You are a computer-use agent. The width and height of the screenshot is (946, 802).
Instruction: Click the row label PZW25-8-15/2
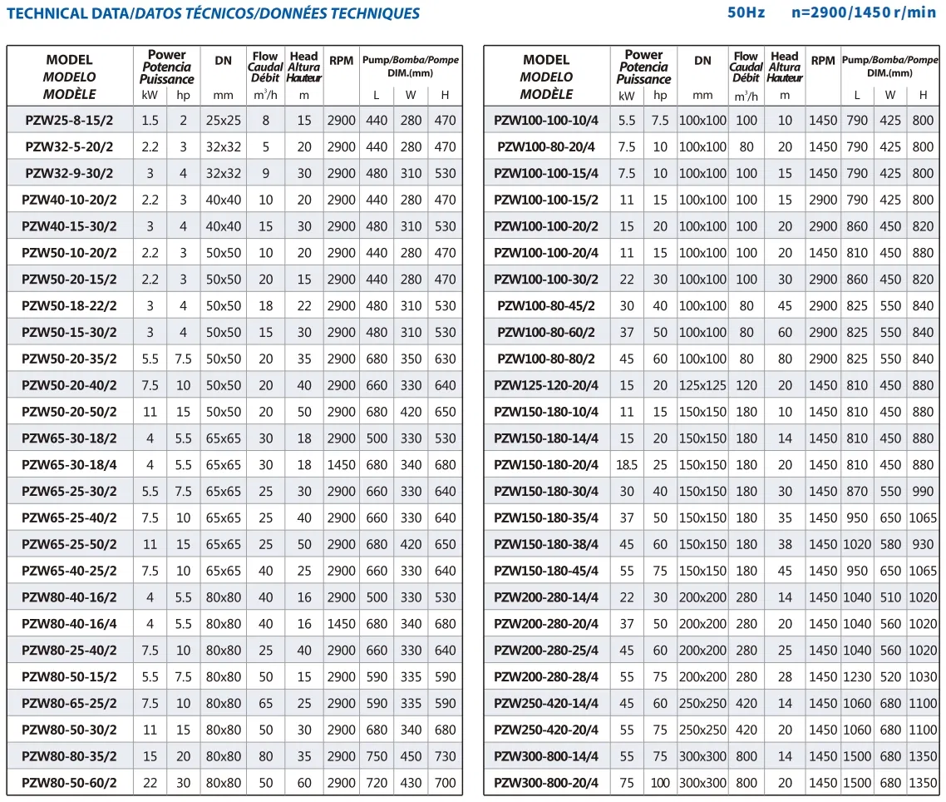69,120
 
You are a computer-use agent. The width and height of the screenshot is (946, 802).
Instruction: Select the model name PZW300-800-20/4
546,783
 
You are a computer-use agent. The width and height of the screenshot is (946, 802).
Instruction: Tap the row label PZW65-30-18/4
69,464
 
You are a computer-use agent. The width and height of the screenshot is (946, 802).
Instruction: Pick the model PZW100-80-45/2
546,305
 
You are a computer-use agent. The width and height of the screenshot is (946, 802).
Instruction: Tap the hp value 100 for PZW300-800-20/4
660,783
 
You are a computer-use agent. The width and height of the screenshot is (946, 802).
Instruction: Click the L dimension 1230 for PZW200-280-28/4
857,676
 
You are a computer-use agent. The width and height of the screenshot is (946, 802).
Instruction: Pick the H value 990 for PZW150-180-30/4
923,491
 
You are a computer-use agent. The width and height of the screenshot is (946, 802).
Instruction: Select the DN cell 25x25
224,120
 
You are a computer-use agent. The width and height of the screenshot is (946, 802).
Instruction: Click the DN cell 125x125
702,385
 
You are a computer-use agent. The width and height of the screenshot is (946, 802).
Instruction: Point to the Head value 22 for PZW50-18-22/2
304,305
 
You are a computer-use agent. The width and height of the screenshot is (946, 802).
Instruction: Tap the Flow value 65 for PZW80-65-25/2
265,703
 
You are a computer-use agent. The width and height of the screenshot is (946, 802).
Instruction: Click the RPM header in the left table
341,61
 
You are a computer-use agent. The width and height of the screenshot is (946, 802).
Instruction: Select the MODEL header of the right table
546,60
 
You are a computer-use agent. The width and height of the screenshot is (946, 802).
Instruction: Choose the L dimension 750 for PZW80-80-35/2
377,756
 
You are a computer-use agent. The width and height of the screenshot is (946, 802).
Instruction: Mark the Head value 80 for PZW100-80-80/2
785,359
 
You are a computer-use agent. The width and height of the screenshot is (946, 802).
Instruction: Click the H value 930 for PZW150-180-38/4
923,544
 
